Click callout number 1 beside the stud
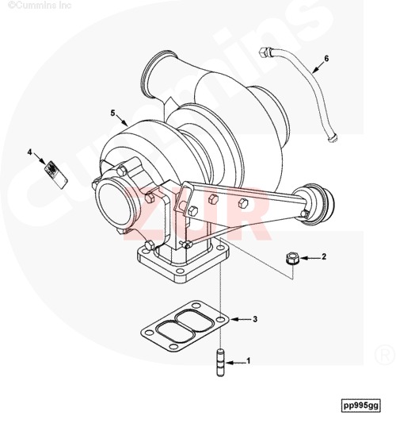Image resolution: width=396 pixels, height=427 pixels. pos(249,361)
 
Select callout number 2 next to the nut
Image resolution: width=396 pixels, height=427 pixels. pos(323,257)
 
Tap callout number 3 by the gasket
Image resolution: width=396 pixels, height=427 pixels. pos(255,320)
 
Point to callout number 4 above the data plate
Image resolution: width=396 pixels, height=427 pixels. pos(31,151)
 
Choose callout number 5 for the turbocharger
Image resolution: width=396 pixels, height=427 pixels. pos(113,113)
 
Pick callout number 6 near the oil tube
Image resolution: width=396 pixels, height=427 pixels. pos(326,60)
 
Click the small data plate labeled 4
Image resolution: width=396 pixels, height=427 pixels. pos(52,171)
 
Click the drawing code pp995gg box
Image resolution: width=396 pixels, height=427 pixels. pos(361,406)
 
